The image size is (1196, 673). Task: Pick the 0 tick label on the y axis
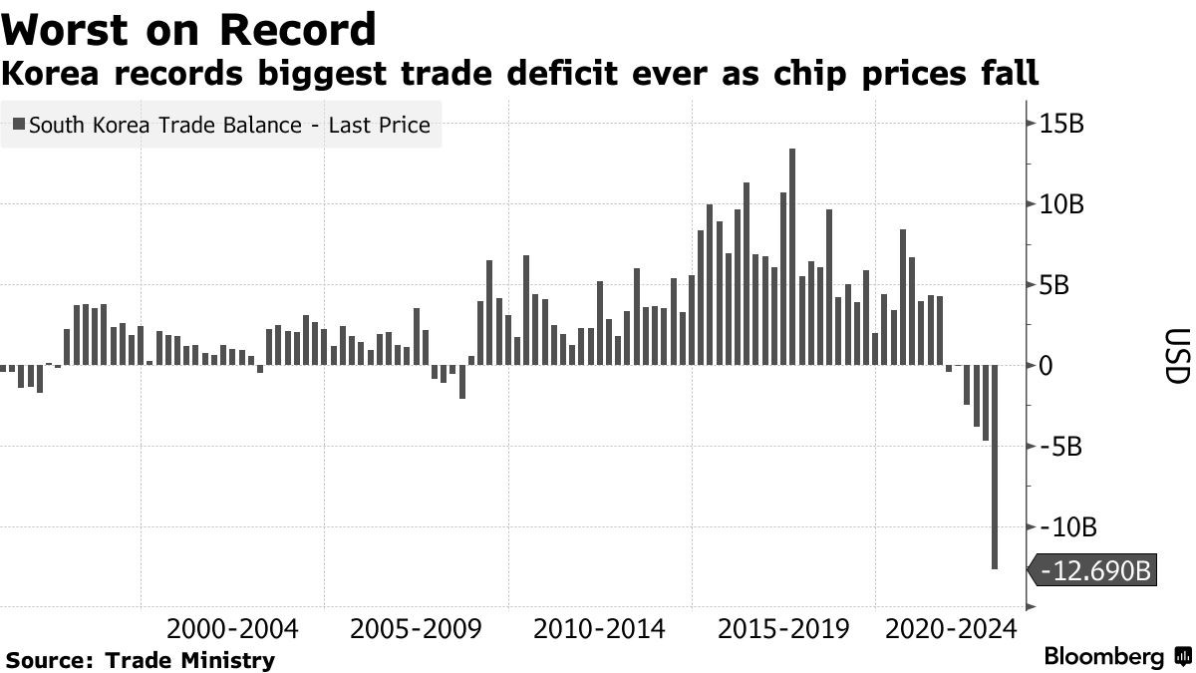click(x=1046, y=366)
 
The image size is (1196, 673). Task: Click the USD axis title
click(x=1176, y=356)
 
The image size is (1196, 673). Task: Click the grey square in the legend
click(x=20, y=126)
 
